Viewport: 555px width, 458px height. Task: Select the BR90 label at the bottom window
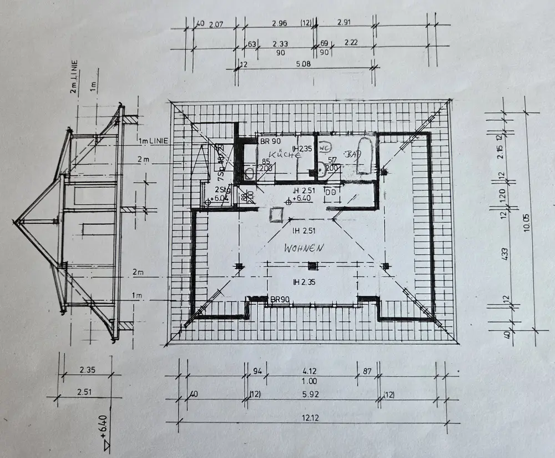[281, 300]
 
